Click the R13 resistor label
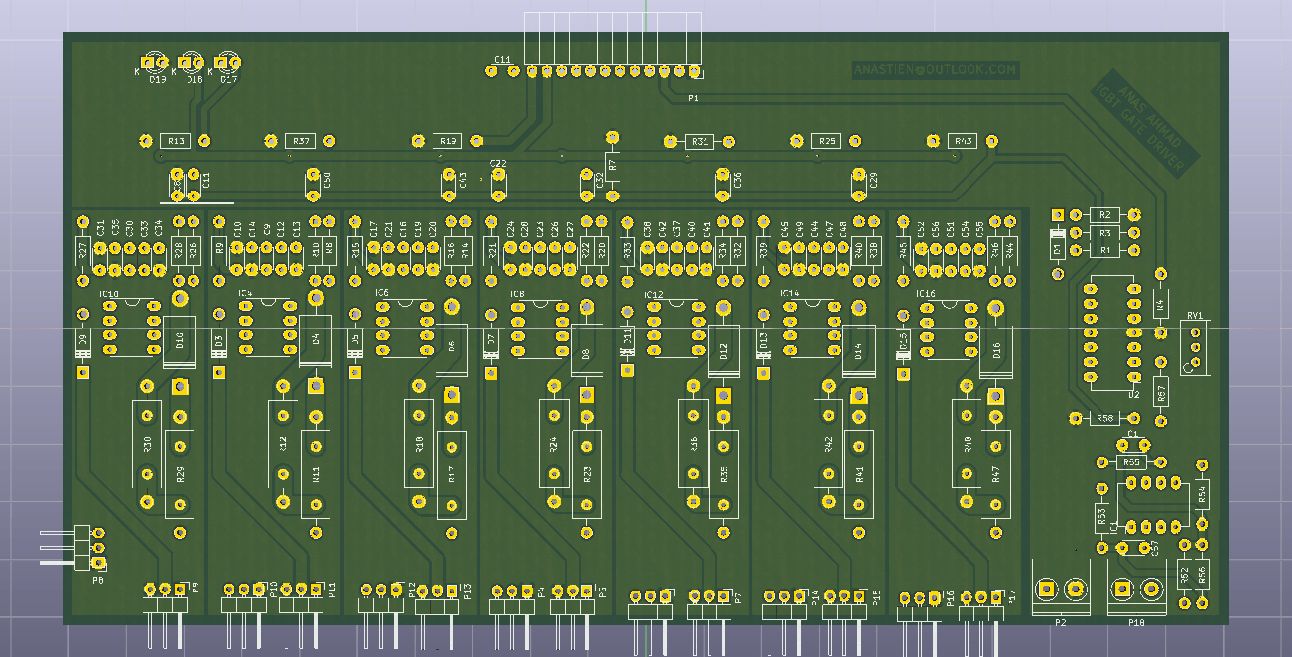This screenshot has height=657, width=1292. [176, 141]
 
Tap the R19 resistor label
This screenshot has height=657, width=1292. [448, 141]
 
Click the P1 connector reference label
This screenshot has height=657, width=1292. [693, 99]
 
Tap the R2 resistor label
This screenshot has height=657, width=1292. [1104, 214]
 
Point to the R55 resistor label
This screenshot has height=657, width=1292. [1131, 462]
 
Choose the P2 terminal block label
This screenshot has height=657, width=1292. [1060, 622]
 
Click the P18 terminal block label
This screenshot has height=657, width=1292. [1136, 622]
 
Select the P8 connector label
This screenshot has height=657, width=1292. [97, 578]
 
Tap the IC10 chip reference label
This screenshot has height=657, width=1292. [108, 295]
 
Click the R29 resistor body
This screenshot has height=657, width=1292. [180, 474]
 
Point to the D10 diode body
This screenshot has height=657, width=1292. [180, 341]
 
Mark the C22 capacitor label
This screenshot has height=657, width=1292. [498, 164]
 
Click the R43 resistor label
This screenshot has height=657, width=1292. [963, 141]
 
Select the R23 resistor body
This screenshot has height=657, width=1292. [586, 474]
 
